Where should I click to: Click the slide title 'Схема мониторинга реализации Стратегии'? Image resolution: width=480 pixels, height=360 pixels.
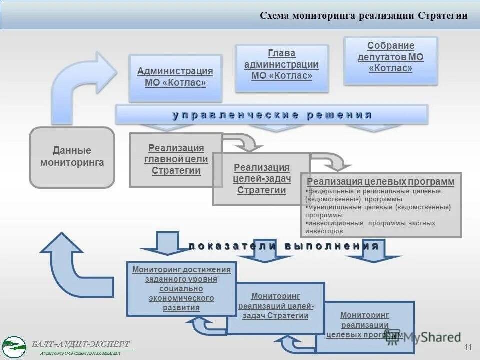coord(363,16)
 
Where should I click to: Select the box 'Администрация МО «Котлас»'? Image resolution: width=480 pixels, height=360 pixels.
coord(175,77)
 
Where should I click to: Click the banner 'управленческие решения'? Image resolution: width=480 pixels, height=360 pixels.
coord(272,115)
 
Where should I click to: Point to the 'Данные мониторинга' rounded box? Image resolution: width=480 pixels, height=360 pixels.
coord(72,157)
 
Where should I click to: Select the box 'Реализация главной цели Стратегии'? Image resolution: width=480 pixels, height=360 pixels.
coord(176,159)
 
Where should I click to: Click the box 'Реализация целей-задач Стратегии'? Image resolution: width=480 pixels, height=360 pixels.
coord(261,179)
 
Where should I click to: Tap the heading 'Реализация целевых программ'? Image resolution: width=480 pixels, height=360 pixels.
coord(381,181)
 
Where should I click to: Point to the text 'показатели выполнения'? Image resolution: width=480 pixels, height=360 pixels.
coord(283,246)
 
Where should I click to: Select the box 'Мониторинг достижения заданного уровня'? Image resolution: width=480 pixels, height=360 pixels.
coord(181,288)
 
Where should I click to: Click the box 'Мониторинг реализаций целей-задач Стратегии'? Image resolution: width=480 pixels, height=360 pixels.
coord(275,306)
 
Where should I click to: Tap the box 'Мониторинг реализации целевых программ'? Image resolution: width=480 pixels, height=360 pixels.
coord(364,325)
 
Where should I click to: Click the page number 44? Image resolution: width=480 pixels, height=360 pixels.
coord(467,347)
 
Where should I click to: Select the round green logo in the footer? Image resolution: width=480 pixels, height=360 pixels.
coord(14,346)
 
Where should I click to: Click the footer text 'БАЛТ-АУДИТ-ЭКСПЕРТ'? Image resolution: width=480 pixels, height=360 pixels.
coord(81,344)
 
